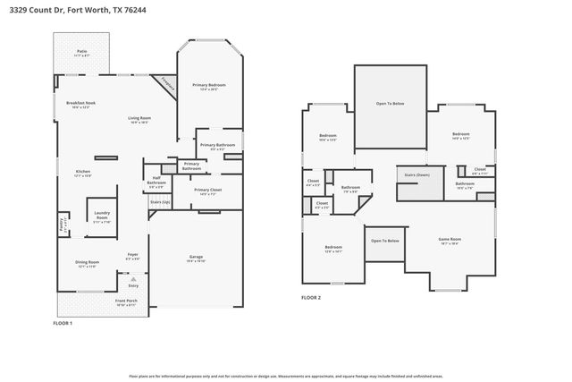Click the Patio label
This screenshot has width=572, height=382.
pos(81,53)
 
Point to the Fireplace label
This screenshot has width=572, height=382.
pos(167,84)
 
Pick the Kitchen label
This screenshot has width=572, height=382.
pos(82,173)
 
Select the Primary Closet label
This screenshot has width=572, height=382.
pos(208,191)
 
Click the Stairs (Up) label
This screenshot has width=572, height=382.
pos(159,203)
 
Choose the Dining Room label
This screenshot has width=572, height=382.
pos(87,263)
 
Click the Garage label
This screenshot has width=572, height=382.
pos(196,258)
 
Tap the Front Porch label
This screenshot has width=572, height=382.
pos(125,302)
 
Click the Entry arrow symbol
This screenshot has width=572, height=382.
pos(133,279)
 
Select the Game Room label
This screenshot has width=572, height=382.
pos(449,240)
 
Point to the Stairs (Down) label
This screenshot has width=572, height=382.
pos(417,175)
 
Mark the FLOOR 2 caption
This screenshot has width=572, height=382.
pos(311,297)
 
